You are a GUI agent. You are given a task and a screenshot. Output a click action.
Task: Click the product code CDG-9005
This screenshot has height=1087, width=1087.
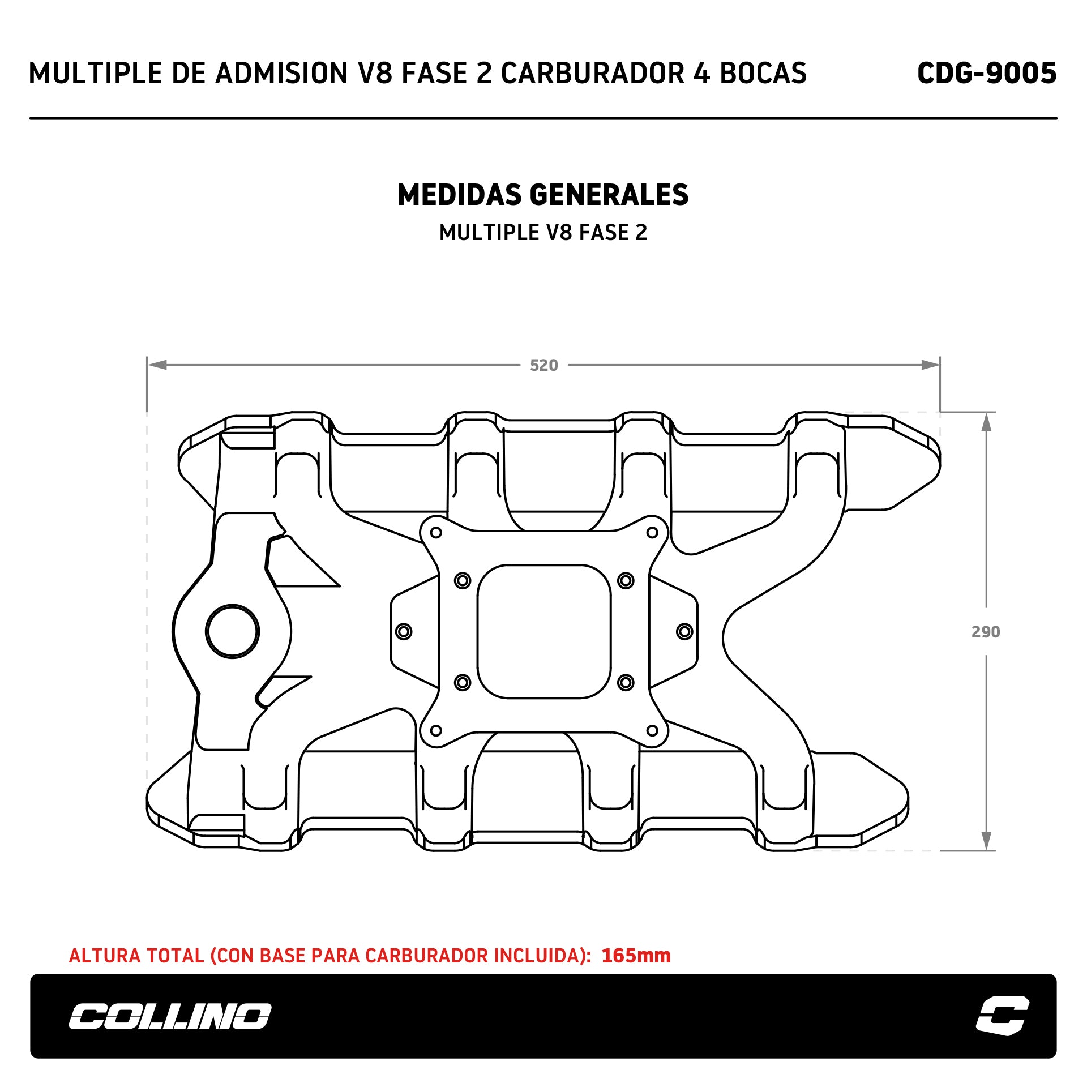click(986, 73)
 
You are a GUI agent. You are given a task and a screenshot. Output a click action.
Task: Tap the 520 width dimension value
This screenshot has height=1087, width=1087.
click(543, 365)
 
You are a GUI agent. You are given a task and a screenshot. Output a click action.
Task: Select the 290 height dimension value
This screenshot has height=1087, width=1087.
click(986, 632)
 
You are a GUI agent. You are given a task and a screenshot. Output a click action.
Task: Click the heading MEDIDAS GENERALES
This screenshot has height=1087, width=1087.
click(543, 195)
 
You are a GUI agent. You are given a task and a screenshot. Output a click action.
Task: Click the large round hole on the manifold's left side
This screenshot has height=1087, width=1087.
click(232, 631)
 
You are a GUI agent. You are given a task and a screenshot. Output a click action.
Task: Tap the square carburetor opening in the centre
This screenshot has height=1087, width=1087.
click(544, 631)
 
